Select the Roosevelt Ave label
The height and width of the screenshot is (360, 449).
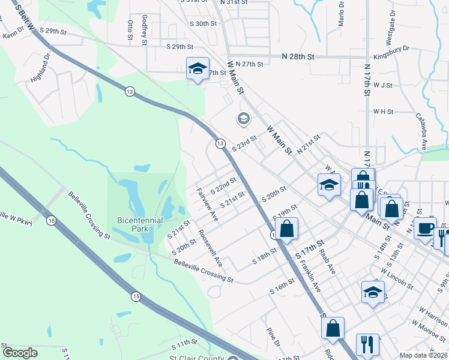pyautogui.click(x=211, y=248)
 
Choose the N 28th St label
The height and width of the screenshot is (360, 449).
pyautogui.click(x=298, y=56)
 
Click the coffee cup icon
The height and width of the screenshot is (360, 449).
pyautogui.click(x=426, y=229)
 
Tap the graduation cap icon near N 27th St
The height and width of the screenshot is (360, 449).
pyautogui.click(x=196, y=68)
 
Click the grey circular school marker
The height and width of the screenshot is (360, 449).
pyautogui.click(x=243, y=118)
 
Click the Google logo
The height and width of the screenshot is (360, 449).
pyautogui.click(x=20, y=353)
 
